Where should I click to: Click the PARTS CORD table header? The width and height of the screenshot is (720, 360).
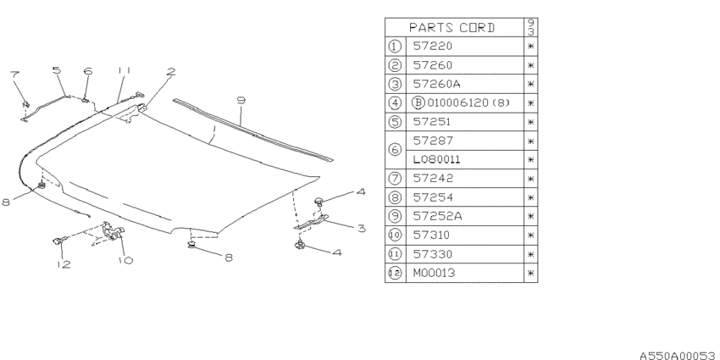pos(452,28)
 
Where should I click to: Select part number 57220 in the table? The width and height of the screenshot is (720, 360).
pos(433,46)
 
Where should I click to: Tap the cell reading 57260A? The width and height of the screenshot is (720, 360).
pos(437,84)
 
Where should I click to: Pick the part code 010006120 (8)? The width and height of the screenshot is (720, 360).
pos(468,102)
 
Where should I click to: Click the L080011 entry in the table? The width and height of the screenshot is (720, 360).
pos(437,160)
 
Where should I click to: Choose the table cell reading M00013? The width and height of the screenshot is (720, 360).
pos(434,274)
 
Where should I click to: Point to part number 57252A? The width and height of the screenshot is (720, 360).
pos(438,216)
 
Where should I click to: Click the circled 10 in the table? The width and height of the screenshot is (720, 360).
pos(395,235)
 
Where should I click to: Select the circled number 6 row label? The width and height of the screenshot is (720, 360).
pos(395,150)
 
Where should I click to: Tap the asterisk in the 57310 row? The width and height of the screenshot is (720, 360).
pos(531,235)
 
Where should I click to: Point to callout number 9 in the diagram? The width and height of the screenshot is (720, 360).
pos(241,101)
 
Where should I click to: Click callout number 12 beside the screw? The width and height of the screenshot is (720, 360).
pos(64,264)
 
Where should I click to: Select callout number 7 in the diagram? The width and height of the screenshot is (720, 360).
pos(14,75)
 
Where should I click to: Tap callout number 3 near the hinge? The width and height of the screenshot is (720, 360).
pos(362,228)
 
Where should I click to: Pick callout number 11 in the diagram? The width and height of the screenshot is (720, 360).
pos(124,70)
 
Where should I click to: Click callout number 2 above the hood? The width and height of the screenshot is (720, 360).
pos(170,72)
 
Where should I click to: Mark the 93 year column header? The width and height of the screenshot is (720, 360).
pos(531,28)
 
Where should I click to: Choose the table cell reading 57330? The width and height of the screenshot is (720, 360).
pos(433,254)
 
